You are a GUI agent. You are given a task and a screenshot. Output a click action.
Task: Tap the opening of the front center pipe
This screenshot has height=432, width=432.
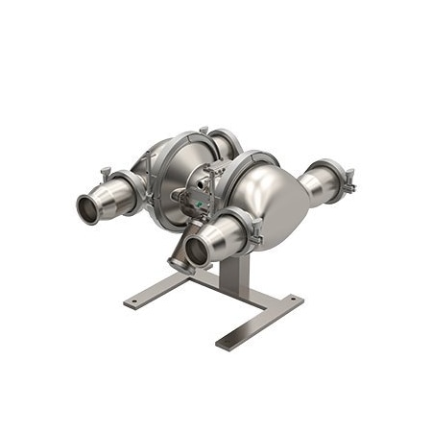199,252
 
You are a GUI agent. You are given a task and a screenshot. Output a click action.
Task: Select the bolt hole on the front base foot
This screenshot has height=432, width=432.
227,340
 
